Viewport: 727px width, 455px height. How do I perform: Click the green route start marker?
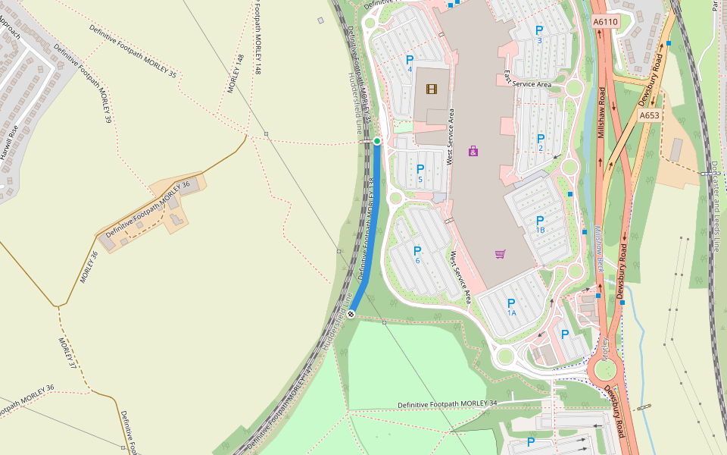click(377, 141)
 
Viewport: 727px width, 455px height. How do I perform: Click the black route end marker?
click(351, 314)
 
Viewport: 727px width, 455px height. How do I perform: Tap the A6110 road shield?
click(606, 22)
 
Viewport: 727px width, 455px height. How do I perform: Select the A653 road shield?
click(649, 115)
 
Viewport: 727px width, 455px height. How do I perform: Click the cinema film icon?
click(431, 89)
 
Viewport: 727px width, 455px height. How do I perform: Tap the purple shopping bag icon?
click(473, 151)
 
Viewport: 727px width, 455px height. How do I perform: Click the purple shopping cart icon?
click(500, 254)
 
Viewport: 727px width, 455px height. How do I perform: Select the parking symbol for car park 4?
click(410, 60)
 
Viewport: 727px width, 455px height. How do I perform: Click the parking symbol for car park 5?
click(420, 169)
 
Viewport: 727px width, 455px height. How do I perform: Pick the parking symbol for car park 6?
click(417, 251)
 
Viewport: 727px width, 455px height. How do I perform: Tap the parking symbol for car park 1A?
click(511, 303)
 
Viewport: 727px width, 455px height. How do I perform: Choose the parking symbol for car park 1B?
click(540, 221)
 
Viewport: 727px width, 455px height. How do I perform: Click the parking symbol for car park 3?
click(539, 30)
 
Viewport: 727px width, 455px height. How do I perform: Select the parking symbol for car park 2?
click(540, 139)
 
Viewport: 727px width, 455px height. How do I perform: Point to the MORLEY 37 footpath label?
click(68, 353)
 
